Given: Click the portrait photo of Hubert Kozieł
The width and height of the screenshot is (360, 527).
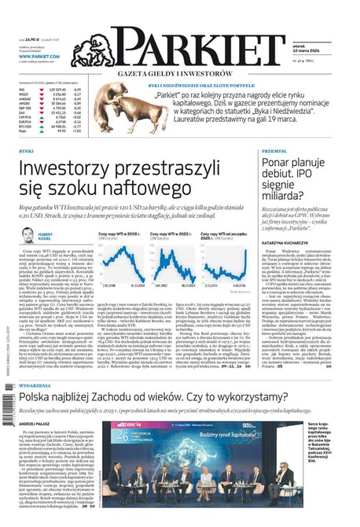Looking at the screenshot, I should (28, 236).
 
